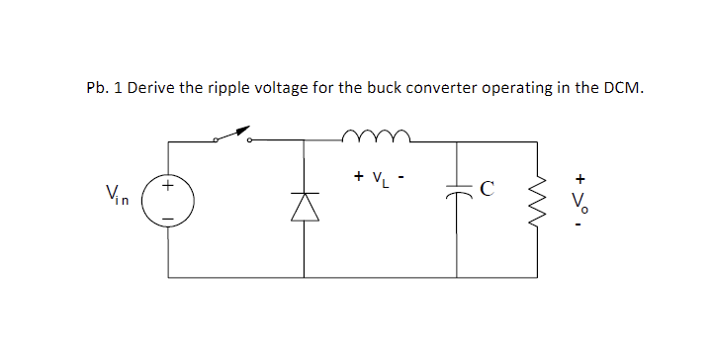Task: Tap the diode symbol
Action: pyautogui.click(x=303, y=206)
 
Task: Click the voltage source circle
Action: pyautogui.click(x=168, y=198)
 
